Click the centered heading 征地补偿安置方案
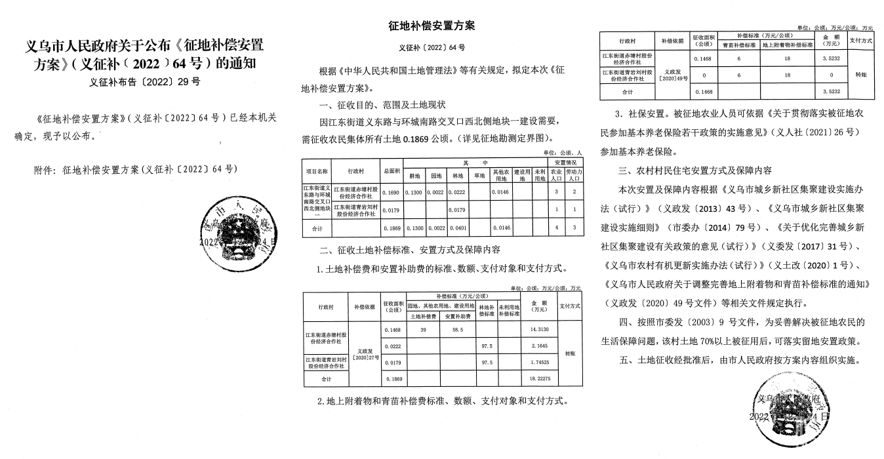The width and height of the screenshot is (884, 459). pyautogui.click(x=432, y=26)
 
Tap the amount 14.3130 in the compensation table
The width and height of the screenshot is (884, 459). pyautogui.click(x=540, y=329)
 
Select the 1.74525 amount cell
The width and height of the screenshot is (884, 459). pyautogui.click(x=540, y=362)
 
